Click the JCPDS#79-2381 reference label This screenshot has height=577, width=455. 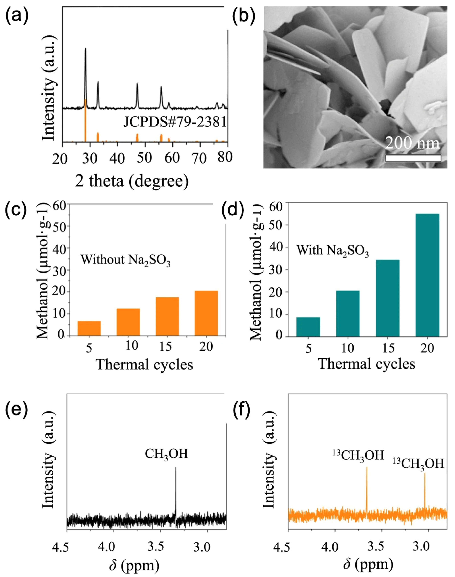pos(175,123)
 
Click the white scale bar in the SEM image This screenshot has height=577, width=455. pos(413,158)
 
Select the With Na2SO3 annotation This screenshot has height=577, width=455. pos(333,250)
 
